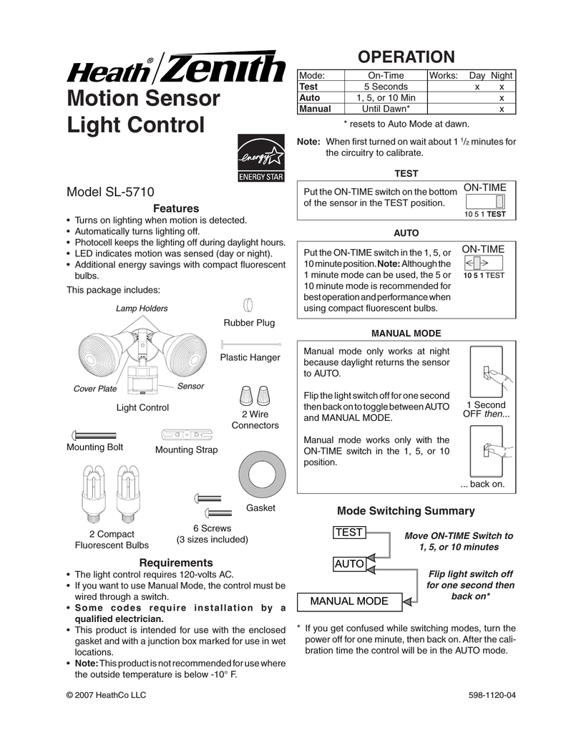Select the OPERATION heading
pos(406,57)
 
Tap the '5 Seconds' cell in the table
pos(386,86)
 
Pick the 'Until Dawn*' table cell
pos(386,109)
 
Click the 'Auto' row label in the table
pos(310,97)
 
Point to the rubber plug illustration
pos(248,305)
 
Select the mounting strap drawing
pos(186,435)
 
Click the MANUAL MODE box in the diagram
pos(349,601)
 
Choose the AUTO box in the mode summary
pos(349,564)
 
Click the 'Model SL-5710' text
pos(111,193)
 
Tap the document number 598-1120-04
pos(491,694)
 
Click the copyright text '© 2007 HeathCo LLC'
pos(106,694)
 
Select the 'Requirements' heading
pos(175,563)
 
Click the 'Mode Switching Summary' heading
pos(405,510)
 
